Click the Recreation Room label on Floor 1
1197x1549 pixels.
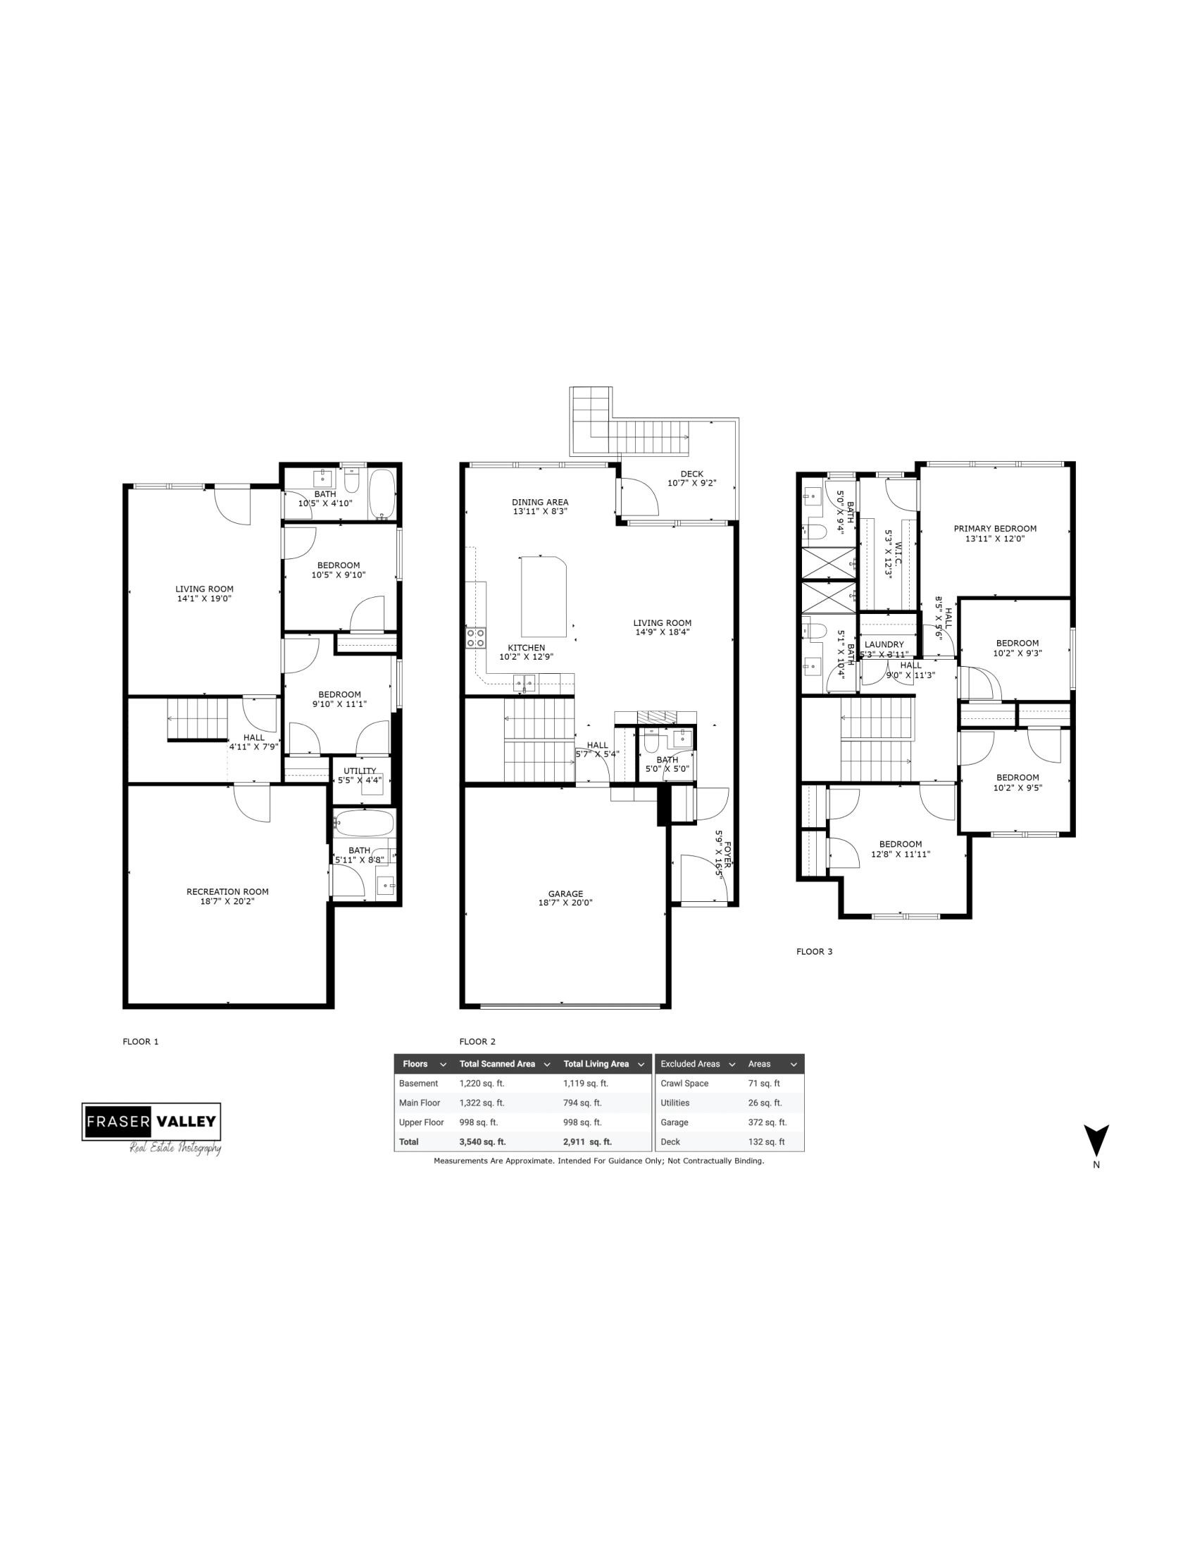(x=227, y=891)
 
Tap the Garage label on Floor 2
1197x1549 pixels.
(x=565, y=893)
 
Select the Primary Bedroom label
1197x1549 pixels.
(x=994, y=528)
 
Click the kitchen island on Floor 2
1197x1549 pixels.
(x=544, y=597)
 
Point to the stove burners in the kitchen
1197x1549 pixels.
(x=475, y=638)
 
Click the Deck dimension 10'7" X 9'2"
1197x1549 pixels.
(x=691, y=483)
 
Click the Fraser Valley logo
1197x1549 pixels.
(x=151, y=1122)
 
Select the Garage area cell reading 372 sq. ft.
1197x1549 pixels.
(x=767, y=1123)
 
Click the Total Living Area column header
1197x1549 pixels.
(x=596, y=1064)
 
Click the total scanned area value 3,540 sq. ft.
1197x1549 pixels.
(x=482, y=1142)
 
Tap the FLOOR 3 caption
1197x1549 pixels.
(x=814, y=952)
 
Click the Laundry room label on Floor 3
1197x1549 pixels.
(x=884, y=645)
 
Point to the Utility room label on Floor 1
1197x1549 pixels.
(x=360, y=771)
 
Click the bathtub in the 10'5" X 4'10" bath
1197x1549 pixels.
(x=384, y=494)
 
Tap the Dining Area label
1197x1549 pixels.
(x=539, y=502)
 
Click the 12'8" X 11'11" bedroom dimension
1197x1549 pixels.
(x=900, y=854)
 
